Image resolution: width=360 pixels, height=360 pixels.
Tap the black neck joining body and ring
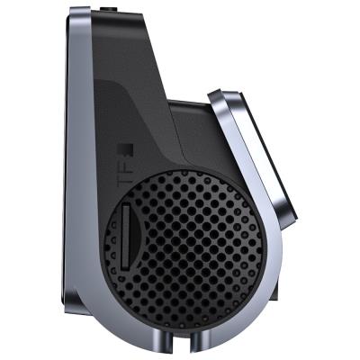tap(193, 135)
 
